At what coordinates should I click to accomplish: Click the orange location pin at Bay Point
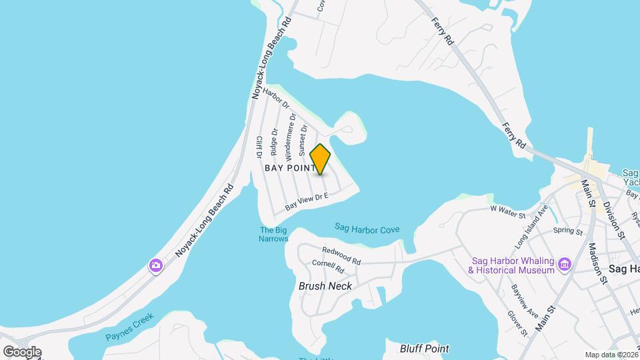(321, 159)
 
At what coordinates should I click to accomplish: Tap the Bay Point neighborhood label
(290, 169)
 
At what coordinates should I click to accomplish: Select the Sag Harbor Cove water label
(367, 229)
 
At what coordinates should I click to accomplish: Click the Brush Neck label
(325, 286)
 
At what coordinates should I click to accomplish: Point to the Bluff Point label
(424, 349)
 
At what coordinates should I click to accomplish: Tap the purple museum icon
(565, 265)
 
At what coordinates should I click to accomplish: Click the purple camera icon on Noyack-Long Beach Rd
(155, 266)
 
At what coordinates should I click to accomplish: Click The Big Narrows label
(273, 235)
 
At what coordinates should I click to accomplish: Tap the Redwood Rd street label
(341, 255)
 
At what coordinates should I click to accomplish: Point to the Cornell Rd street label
(327, 267)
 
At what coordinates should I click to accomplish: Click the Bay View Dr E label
(307, 202)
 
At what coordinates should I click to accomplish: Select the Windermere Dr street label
(290, 137)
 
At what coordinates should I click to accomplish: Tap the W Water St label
(508, 211)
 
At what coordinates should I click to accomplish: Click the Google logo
(21, 352)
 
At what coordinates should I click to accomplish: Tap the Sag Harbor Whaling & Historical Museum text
(512, 265)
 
